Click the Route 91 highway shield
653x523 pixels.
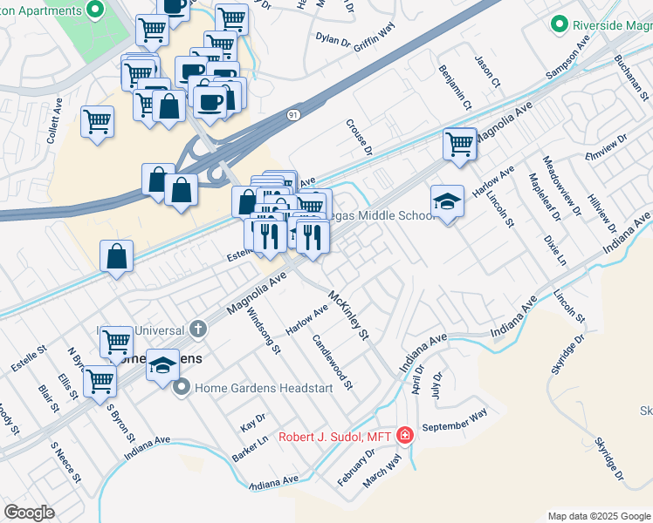pos(294,114)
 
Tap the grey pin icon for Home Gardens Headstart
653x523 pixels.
pos(182,388)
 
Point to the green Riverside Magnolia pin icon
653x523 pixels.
pos(560,25)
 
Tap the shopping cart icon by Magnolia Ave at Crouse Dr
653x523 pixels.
pos(459,144)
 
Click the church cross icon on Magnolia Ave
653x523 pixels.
pos(199,329)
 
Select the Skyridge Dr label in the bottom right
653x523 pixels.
pos(609,458)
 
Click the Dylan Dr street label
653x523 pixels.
pos(333,38)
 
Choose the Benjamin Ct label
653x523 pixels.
pos(455,88)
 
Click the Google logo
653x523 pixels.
pos(29,513)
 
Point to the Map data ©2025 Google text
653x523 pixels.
pos(599,516)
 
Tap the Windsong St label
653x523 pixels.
pos(264,332)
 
